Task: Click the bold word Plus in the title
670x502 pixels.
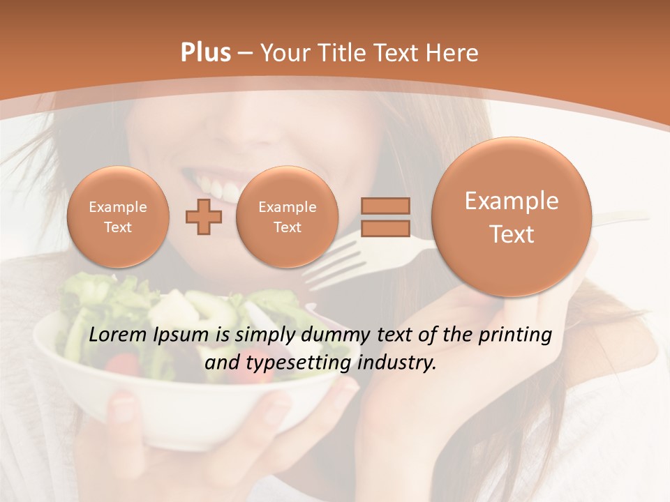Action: [x=205, y=53]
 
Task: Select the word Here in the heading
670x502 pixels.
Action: [x=454, y=53]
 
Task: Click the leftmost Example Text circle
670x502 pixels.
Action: [x=117, y=217]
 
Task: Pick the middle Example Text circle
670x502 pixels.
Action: [x=287, y=217]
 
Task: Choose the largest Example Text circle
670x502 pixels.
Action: [x=512, y=217]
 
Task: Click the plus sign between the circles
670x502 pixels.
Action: [x=204, y=217]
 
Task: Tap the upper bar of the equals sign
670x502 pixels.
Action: [x=385, y=206]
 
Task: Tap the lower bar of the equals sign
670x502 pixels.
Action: [x=385, y=229]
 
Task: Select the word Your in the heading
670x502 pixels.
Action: [x=285, y=53]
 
